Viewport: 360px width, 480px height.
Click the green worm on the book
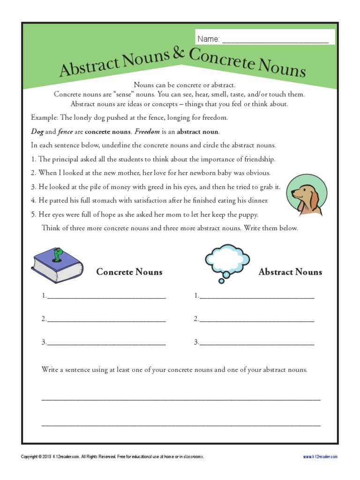pyautogui.click(x=58, y=254)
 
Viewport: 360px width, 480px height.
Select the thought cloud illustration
pyautogui.click(x=227, y=261)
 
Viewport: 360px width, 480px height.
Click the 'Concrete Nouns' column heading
pyautogui.click(x=129, y=272)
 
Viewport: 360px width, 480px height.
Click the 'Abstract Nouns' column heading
pyautogui.click(x=290, y=272)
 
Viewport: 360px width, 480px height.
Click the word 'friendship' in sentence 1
pyautogui.click(x=258, y=159)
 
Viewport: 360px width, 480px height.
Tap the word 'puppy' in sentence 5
pyautogui.click(x=247, y=215)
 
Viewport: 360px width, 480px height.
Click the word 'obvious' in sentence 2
pyautogui.click(x=254, y=173)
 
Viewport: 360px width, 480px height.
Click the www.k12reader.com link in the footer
pyautogui.click(x=320, y=457)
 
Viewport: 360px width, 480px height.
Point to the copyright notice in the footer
pyautogui.click(x=112, y=457)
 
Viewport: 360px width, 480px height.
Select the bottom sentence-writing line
pyautogui.click(x=181, y=424)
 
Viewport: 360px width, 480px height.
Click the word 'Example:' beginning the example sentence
pyautogui.click(x=45, y=118)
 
